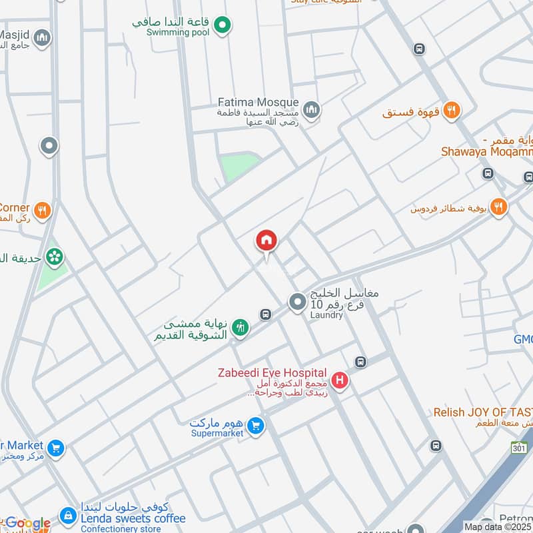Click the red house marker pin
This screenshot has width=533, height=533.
pyautogui.click(x=266, y=242)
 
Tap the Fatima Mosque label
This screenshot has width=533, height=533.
pyautogui.click(x=259, y=103)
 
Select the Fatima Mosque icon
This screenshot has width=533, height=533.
pyautogui.click(x=311, y=109)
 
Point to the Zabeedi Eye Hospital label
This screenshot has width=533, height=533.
pyautogui.click(x=272, y=372)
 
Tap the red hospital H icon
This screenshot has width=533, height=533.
pyautogui.click(x=340, y=382)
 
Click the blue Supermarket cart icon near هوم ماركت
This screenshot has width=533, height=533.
pyautogui.click(x=255, y=425)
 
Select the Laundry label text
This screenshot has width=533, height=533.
pyautogui.click(x=326, y=315)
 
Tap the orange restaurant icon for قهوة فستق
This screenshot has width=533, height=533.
pyautogui.click(x=451, y=111)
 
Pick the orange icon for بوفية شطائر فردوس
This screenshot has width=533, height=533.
pyautogui.click(x=498, y=207)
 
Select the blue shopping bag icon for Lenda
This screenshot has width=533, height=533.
pyautogui.click(x=67, y=515)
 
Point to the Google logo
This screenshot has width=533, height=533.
pyautogui.click(x=27, y=524)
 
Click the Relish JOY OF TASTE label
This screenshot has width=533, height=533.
pyautogui.click(x=482, y=412)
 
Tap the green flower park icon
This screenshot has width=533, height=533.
pyautogui.click(x=55, y=255)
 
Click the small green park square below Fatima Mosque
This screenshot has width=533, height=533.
pyautogui.click(x=239, y=166)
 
